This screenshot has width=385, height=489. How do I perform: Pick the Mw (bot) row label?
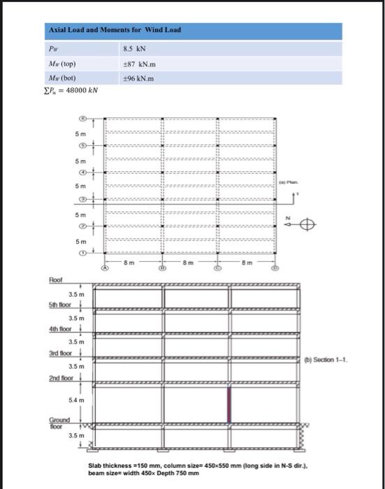coord(63,78)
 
